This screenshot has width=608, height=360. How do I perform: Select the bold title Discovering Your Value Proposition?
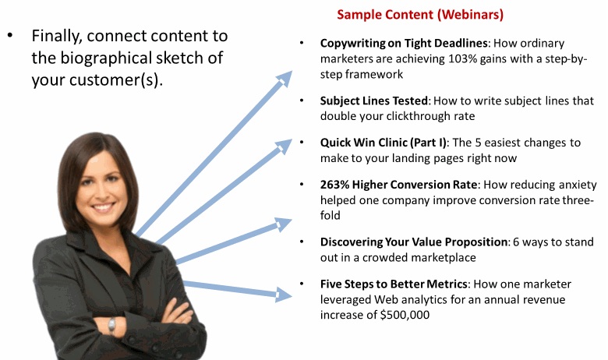413,242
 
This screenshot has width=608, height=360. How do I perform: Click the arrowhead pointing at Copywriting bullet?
285,78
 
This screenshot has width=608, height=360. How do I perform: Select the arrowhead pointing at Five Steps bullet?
283,294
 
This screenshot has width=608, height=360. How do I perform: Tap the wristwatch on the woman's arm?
111,325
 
